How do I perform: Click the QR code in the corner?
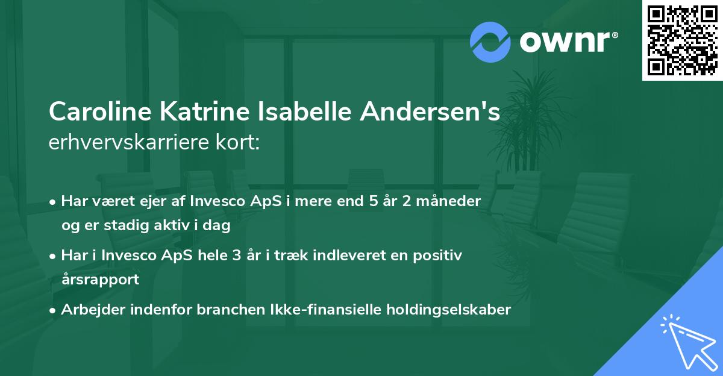click(x=682, y=40)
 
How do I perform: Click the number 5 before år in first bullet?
click(x=374, y=201)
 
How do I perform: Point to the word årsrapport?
click(x=100, y=280)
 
